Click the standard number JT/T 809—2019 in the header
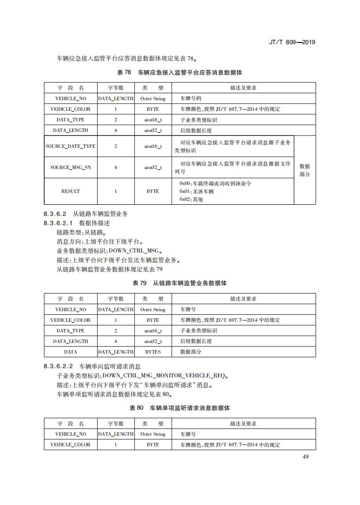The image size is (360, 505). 292,42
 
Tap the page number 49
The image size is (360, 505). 305,456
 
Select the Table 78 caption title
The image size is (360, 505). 179,72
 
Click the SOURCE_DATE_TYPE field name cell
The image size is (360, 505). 70,146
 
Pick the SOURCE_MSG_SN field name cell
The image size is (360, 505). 70,168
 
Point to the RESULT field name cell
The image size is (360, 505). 70,191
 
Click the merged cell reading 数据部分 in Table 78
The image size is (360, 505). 305,170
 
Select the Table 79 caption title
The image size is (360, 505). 179,283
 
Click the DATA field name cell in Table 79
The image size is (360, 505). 70,352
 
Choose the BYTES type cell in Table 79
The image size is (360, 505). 153,352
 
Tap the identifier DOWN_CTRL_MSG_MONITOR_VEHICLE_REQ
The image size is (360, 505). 164,376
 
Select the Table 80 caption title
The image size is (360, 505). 179,408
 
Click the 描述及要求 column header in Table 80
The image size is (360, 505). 243,424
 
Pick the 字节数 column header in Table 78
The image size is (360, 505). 116,88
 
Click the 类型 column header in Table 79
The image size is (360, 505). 153,299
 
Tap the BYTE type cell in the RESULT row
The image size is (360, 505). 153,191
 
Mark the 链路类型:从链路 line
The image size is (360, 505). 81,232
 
